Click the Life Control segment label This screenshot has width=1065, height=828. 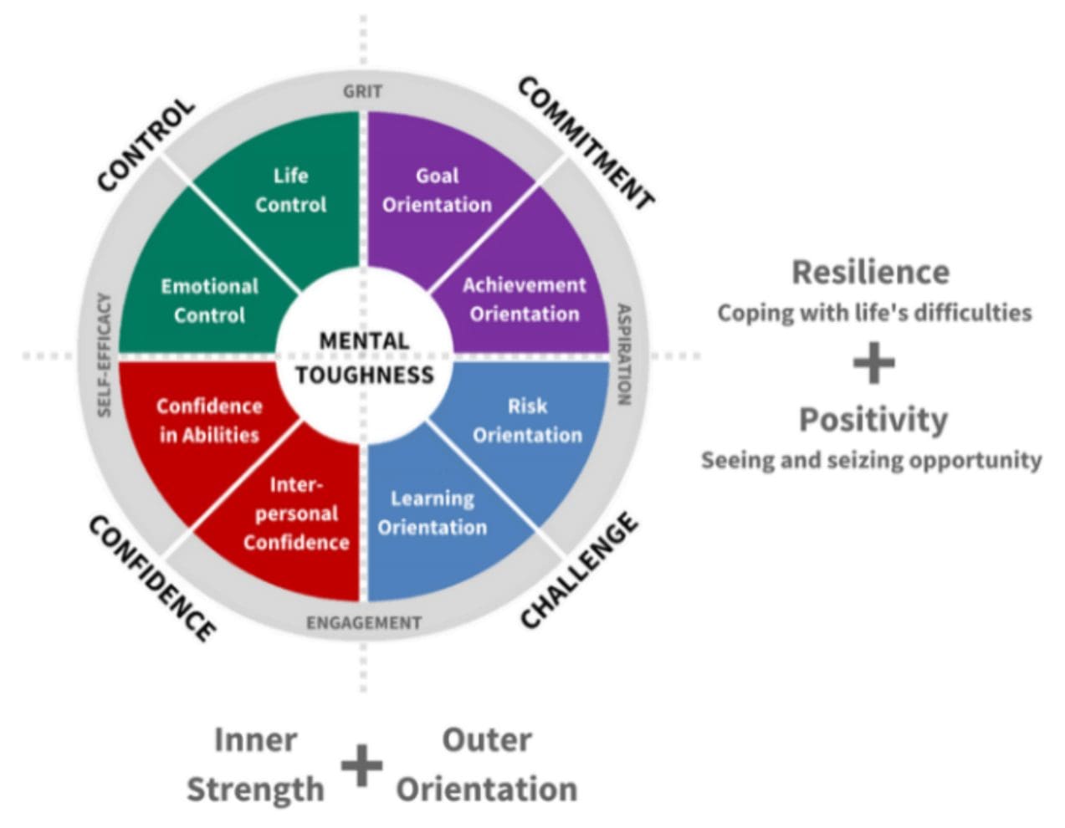[x=290, y=190]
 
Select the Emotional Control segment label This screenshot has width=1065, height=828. [x=210, y=300]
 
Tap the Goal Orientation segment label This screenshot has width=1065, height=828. [x=438, y=190]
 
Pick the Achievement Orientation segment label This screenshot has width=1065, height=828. [x=525, y=299]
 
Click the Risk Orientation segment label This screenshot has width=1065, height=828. [x=527, y=421]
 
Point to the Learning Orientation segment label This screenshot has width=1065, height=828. [x=433, y=513]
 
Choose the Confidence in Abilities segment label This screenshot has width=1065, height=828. [x=209, y=421]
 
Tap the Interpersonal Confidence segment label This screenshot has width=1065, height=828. [x=296, y=514]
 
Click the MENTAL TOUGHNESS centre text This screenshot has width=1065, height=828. [x=365, y=358]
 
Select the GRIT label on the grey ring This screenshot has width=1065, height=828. [x=363, y=92]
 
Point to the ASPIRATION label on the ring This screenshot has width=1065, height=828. [x=623, y=355]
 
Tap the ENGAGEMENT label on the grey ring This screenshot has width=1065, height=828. [x=364, y=623]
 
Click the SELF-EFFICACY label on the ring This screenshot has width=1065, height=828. [x=104, y=355]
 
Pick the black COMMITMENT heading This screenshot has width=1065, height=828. [x=586, y=143]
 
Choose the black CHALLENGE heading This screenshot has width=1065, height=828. [x=579, y=570]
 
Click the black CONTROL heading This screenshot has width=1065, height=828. [x=146, y=145]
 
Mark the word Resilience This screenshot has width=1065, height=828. [x=871, y=272]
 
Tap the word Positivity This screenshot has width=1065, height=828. [x=873, y=421]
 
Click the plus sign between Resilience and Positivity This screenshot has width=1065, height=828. [x=874, y=363]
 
